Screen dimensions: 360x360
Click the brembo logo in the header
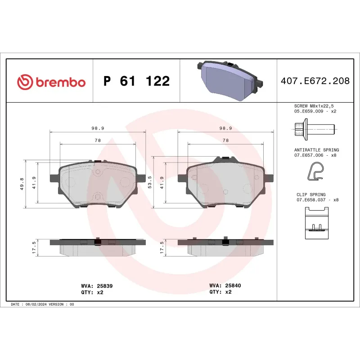tap(51, 82)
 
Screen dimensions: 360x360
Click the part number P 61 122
tap(136, 81)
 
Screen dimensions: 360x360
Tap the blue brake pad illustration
tap(229, 78)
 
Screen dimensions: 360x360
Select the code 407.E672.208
tap(315, 81)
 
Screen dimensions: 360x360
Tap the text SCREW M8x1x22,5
tap(315, 105)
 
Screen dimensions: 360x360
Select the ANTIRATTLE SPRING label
tap(316, 150)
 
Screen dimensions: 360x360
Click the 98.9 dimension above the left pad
tap(98, 128)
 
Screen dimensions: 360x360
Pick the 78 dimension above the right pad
tap(226, 140)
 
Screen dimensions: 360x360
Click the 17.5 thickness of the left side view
tap(34, 248)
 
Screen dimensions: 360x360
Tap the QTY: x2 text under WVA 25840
tap(220, 292)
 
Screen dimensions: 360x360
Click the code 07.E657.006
tap(308, 155)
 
